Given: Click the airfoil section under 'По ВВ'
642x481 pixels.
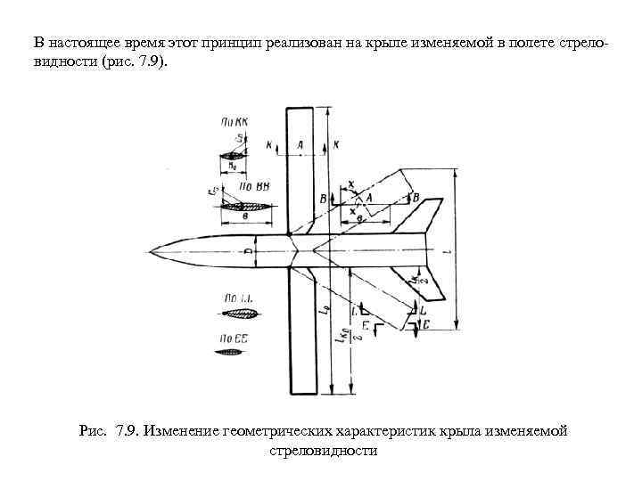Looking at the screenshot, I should pos(245,205).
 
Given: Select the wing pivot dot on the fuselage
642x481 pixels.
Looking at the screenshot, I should pos(290,237).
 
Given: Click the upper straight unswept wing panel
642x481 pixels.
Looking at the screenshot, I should pos(300,169).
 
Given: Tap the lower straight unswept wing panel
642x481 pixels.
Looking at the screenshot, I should pos(303,330).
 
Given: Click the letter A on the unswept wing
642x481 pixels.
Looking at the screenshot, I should pos(300,143).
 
